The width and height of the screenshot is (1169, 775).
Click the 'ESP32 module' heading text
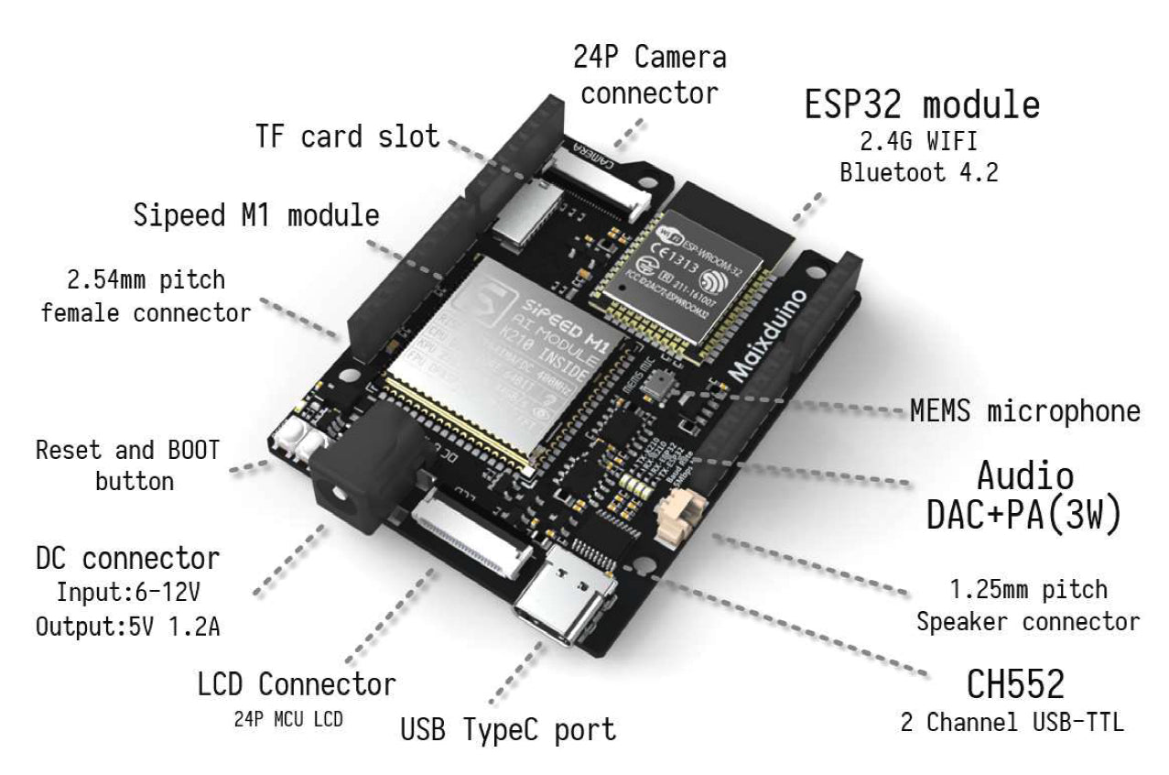pyautogui.click(x=922, y=105)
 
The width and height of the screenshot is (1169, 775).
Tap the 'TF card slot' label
pyautogui.click(x=346, y=137)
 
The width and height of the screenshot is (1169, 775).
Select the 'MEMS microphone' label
pyautogui.click(x=1025, y=411)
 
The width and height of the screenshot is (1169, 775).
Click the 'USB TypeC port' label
pyautogui.click(x=508, y=730)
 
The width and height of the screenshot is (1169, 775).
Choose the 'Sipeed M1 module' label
pyautogui.click(x=256, y=215)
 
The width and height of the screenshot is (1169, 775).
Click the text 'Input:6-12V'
pyautogui.click(x=126, y=592)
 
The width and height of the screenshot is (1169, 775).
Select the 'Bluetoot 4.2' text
pyautogui.click(x=920, y=172)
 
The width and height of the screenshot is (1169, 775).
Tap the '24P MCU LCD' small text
pyautogui.click(x=289, y=719)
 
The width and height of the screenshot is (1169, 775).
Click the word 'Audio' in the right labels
pyautogui.click(x=1023, y=476)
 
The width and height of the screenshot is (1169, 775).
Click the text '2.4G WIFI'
pyautogui.click(x=920, y=142)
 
